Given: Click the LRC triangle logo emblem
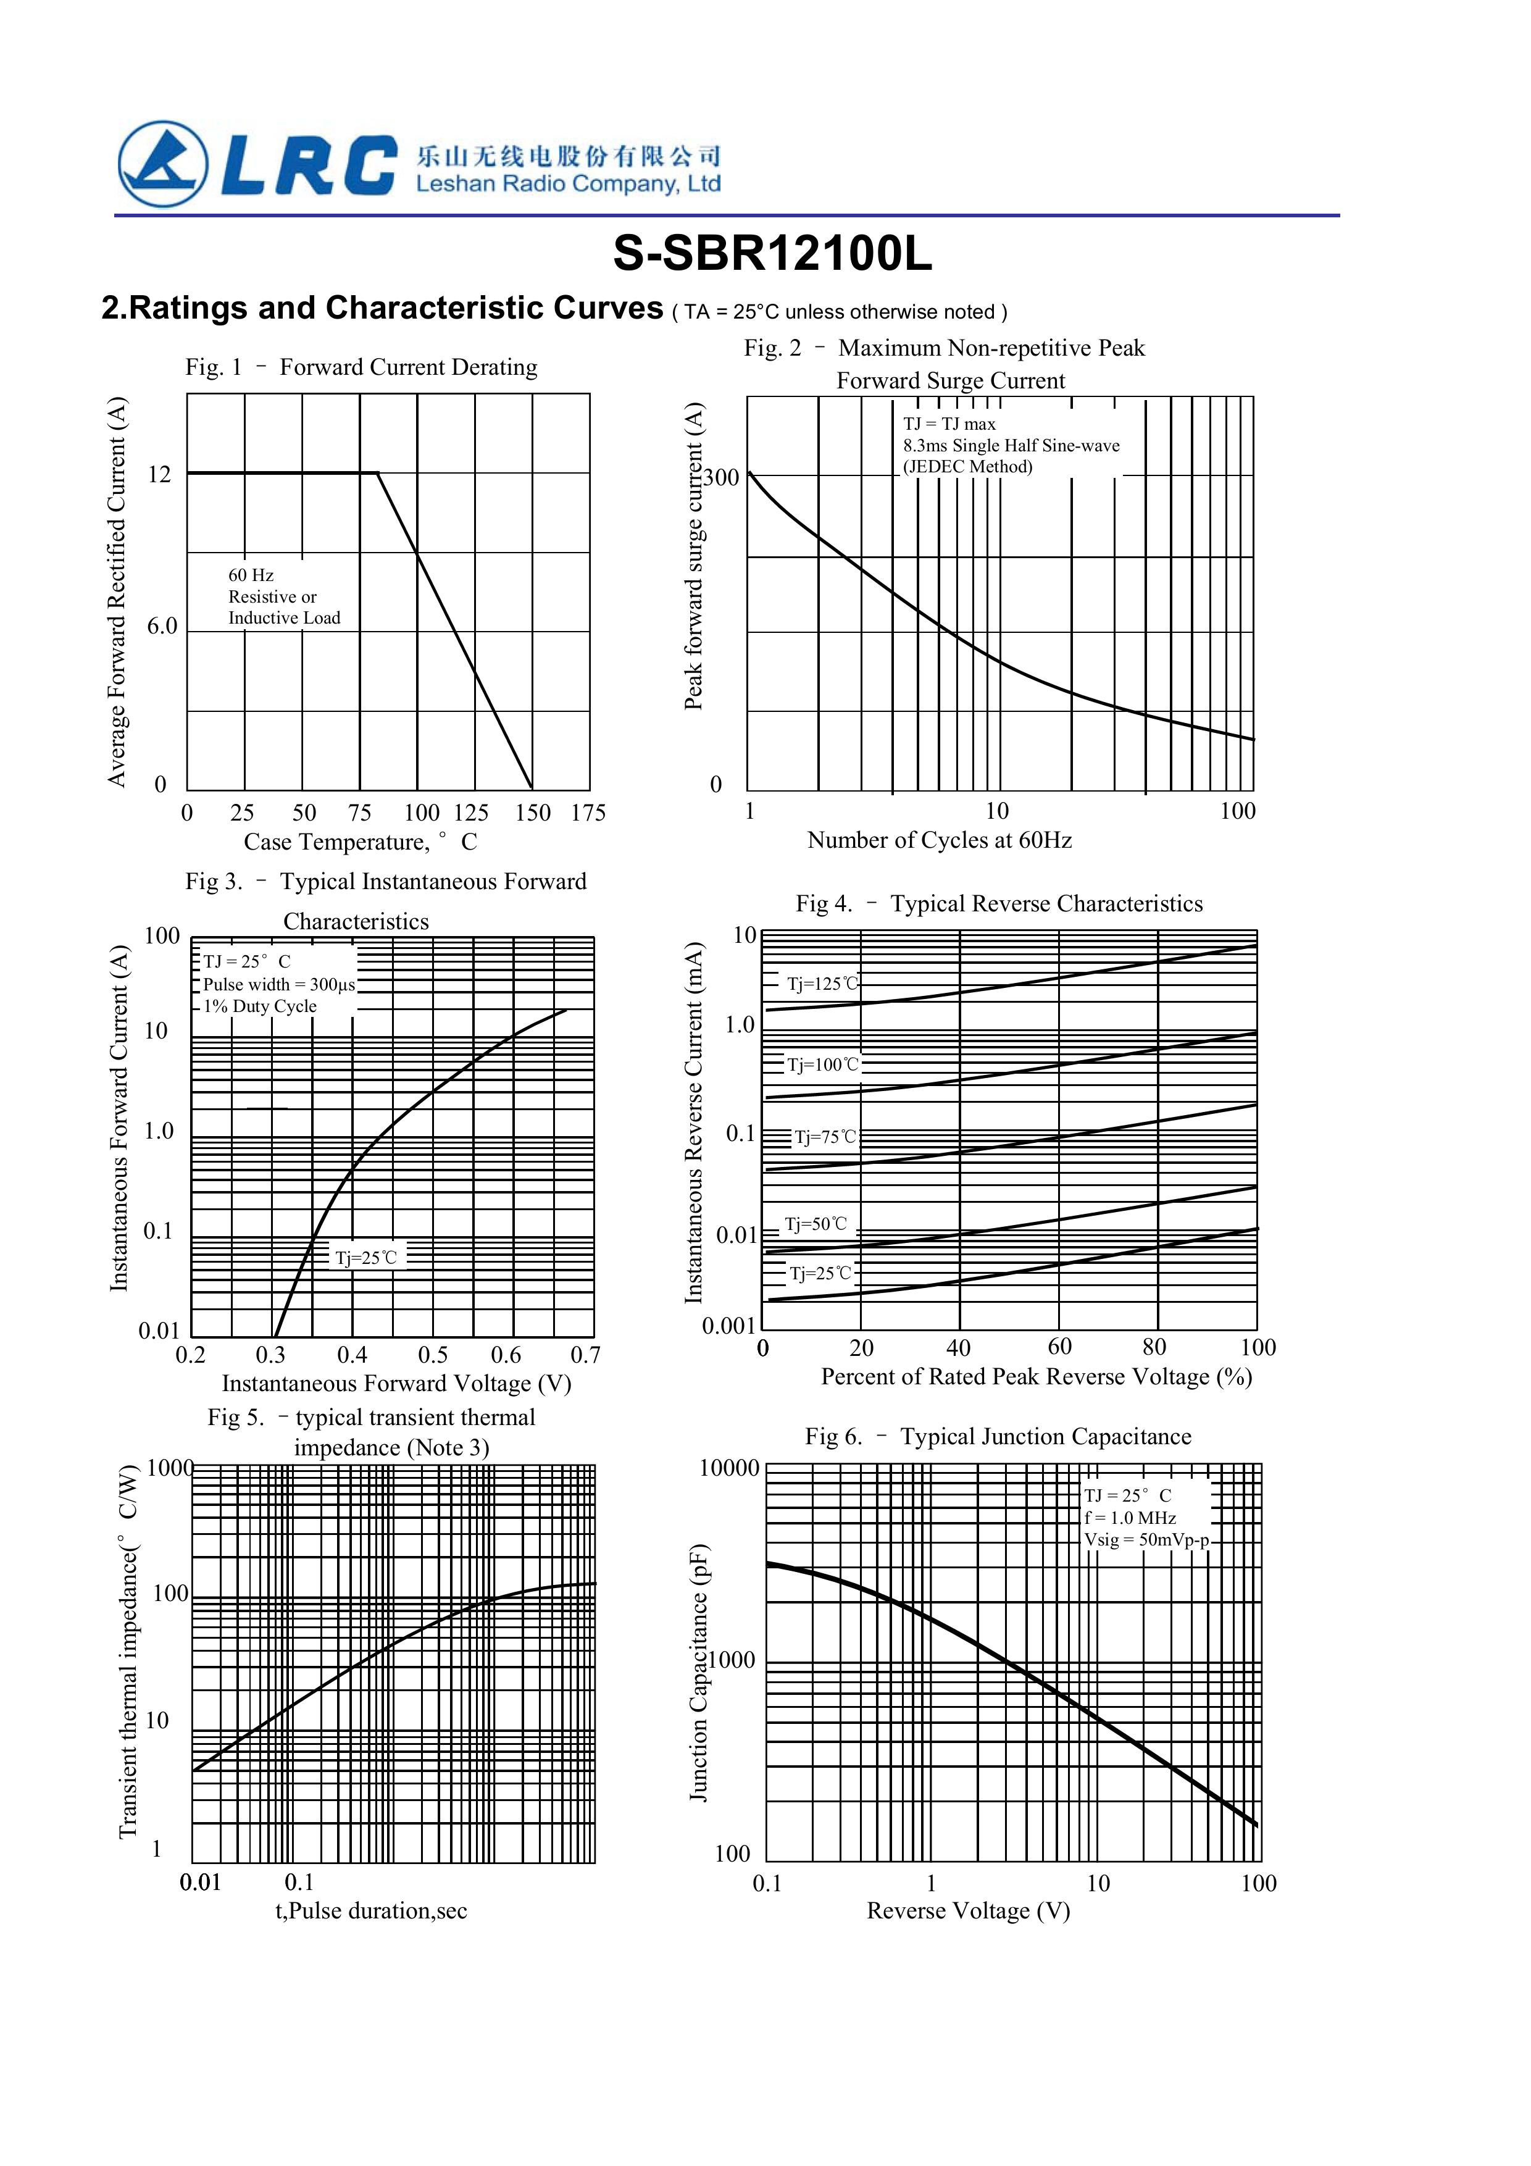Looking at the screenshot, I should pyautogui.click(x=162, y=164).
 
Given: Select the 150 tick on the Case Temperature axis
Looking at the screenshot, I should pyautogui.click(x=533, y=813).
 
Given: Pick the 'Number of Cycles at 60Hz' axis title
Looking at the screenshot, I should pyautogui.click(x=940, y=840).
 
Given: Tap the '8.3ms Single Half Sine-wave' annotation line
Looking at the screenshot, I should pyautogui.click(x=1011, y=445).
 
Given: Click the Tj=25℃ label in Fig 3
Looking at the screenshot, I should pyautogui.click(x=367, y=1258).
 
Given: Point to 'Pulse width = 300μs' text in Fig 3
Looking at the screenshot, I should pyautogui.click(x=279, y=984).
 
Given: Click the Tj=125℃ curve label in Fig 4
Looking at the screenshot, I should pyautogui.click(x=822, y=984).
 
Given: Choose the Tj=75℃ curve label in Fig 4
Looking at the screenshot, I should pyautogui.click(x=825, y=1137).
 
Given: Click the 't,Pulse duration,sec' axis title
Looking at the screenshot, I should pyautogui.click(x=371, y=1910).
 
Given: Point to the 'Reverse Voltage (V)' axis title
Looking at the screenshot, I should pyautogui.click(x=968, y=1910).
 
